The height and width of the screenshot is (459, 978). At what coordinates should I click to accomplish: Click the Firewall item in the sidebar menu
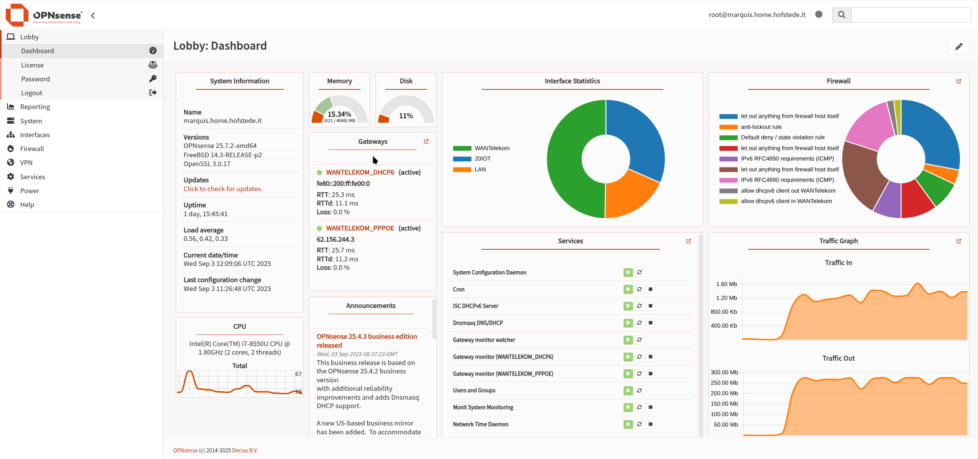tap(32, 149)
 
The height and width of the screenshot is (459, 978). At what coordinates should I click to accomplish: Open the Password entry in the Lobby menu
tap(35, 79)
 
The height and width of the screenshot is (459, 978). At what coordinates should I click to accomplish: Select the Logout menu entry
tap(32, 93)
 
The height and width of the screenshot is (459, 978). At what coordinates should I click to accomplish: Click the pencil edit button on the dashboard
tap(958, 47)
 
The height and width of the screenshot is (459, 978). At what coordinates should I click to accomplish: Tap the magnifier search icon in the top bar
tap(842, 15)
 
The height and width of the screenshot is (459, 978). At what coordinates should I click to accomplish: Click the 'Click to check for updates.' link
tap(223, 189)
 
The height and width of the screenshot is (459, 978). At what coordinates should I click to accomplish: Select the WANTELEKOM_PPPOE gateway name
tap(360, 228)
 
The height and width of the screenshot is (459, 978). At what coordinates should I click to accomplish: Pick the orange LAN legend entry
tap(480, 170)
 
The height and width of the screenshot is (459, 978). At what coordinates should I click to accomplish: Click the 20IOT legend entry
tap(482, 159)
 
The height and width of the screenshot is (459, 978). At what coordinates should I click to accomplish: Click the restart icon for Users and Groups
tap(639, 390)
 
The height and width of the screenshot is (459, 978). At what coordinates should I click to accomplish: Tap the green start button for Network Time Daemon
tap(628, 424)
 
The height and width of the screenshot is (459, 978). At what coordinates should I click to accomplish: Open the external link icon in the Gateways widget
tap(426, 141)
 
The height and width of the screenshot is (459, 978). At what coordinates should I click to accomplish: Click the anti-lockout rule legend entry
tap(761, 127)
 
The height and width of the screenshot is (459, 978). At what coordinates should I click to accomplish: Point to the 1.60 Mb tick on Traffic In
tap(726, 284)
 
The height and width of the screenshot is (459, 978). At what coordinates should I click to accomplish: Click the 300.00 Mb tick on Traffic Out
tap(724, 372)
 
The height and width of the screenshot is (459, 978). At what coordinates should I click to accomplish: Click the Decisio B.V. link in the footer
tap(244, 451)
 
